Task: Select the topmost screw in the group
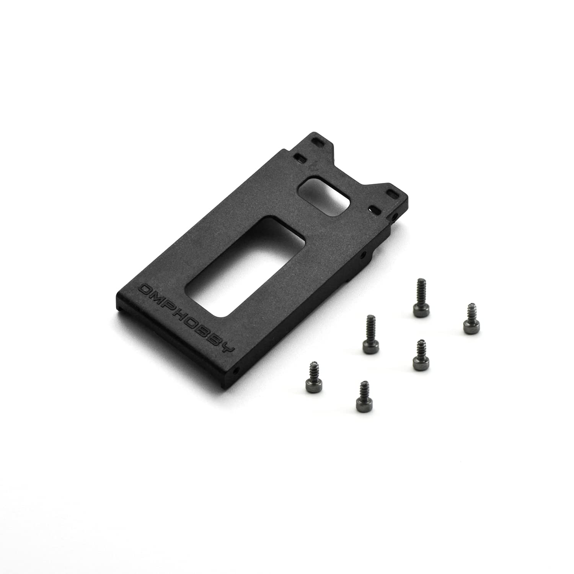(x=419, y=295)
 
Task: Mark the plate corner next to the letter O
(x=119, y=295)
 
